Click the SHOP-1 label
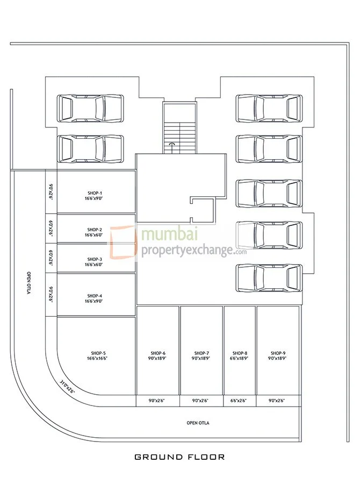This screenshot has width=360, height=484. (95, 195)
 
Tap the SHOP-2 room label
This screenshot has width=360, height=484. (95, 232)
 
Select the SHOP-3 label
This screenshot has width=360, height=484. (95, 262)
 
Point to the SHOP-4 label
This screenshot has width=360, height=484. (95, 298)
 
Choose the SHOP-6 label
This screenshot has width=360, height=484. (158, 355)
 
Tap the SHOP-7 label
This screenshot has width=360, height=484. (201, 355)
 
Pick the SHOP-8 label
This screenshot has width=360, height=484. (240, 355)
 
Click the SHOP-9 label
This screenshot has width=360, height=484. (278, 355)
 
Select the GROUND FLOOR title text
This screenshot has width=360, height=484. (179, 457)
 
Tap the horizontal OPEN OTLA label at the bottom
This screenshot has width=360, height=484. (198, 423)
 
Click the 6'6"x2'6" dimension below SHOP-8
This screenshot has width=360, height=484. (240, 401)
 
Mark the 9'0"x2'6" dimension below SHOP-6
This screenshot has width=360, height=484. (158, 401)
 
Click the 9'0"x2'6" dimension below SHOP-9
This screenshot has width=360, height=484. (278, 401)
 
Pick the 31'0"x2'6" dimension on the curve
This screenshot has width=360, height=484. (67, 386)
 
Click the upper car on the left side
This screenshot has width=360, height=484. (90, 108)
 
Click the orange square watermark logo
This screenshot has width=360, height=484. (123, 244)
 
